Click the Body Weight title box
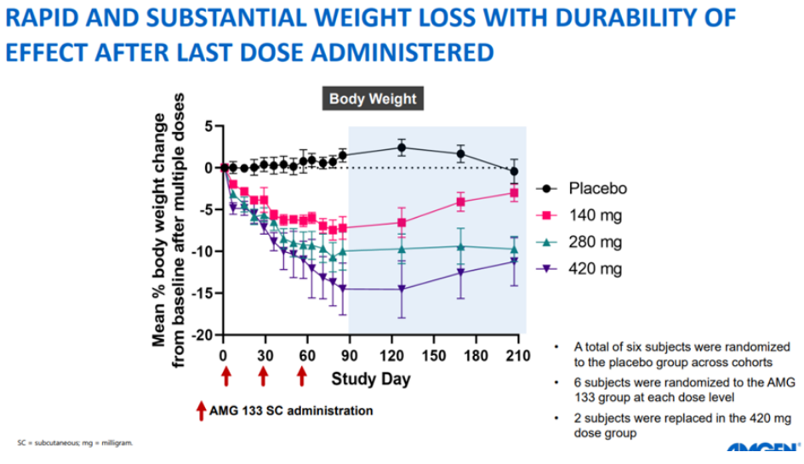point(373,99)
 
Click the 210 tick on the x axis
point(515,355)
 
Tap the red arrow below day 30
point(264,376)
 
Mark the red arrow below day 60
point(302,376)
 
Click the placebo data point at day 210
point(514,171)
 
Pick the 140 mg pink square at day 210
point(514,193)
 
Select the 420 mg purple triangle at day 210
point(514,261)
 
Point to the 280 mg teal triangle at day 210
point(514,249)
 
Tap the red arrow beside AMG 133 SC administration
point(201,411)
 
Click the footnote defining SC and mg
point(76,444)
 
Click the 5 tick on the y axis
point(207,126)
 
